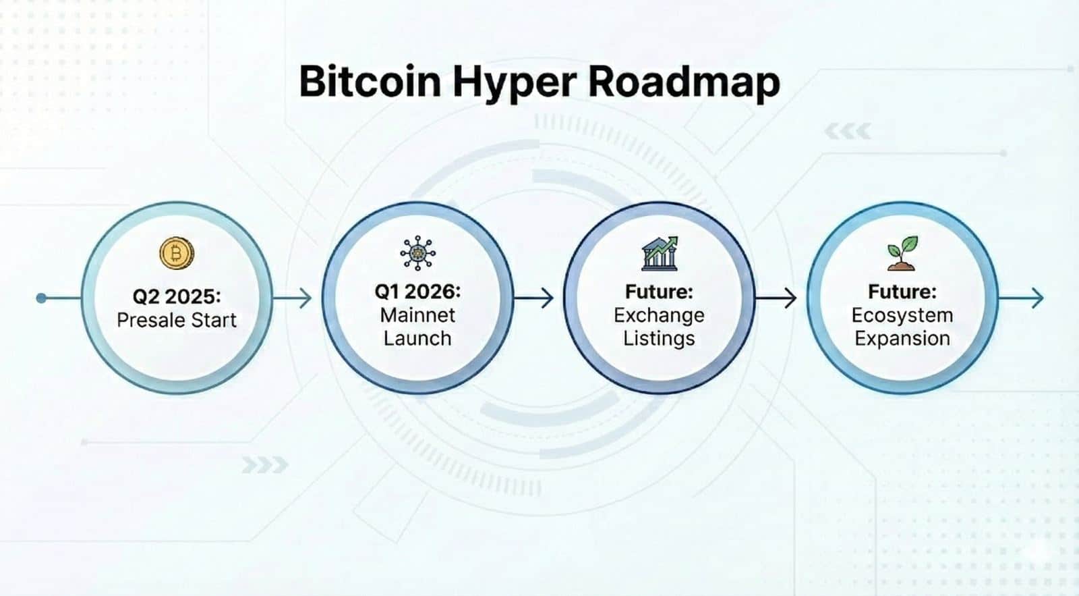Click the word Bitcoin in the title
click(370, 82)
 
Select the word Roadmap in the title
click(684, 83)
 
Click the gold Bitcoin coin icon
click(177, 254)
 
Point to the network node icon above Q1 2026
click(417, 253)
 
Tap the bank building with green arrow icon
click(660, 254)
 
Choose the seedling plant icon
click(902, 253)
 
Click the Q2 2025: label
click(177, 296)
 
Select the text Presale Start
click(177, 320)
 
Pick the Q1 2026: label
click(417, 292)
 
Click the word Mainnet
click(417, 315)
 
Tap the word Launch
click(417, 338)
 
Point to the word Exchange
click(659, 315)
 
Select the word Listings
click(659, 338)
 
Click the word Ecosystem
click(902, 315)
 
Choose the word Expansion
click(902, 338)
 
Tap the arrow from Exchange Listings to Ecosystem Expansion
click(777, 298)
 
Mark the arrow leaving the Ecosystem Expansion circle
click(1022, 298)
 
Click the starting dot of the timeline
click(41, 298)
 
